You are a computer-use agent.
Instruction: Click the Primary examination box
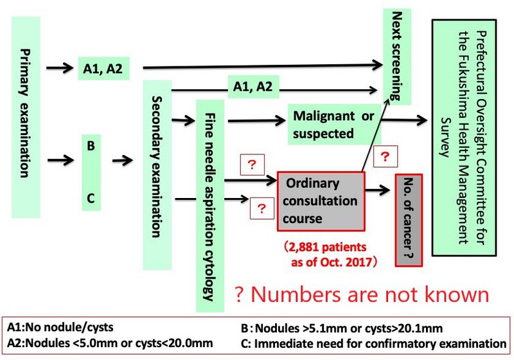pos(26,113)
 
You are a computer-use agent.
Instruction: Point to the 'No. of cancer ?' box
pos(409,219)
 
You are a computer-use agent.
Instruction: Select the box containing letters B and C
pos(91,172)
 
